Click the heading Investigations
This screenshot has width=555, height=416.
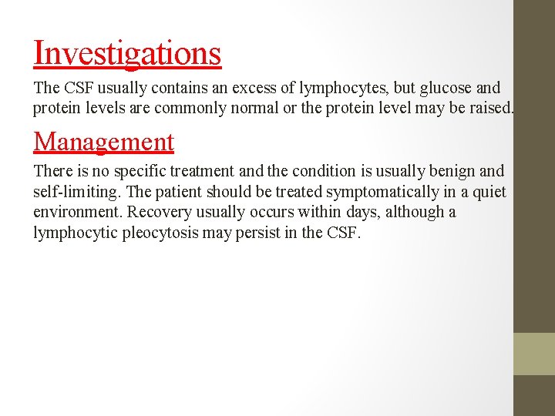[127, 53]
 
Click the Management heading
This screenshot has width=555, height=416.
[104, 142]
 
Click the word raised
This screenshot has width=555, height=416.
[490, 108]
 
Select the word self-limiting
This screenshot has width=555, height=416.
[74, 191]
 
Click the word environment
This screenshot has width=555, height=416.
[77, 212]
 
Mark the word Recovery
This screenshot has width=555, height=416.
[158, 212]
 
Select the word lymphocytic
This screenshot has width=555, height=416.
[76, 232]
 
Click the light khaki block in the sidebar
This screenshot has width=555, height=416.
[534, 354]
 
